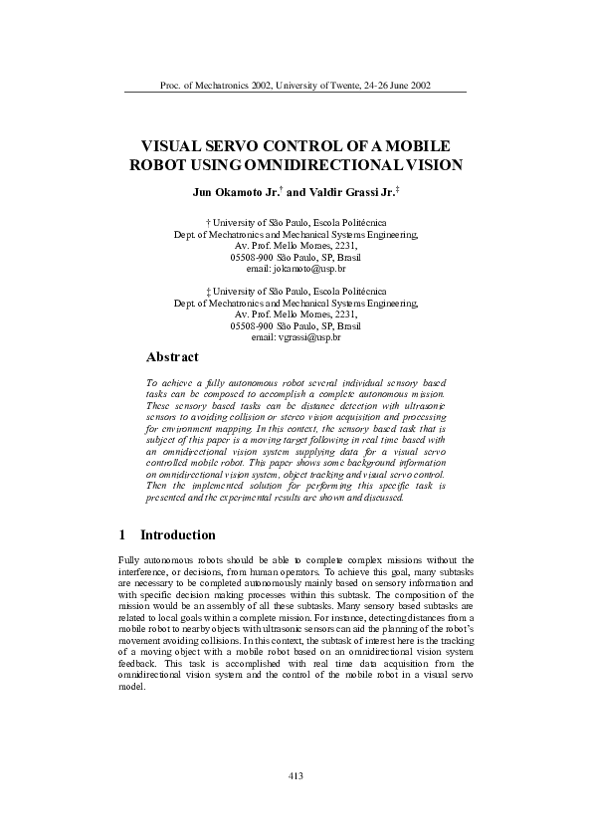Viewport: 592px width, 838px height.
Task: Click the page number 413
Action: pos(295,775)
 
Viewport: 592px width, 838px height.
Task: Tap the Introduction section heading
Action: pos(177,535)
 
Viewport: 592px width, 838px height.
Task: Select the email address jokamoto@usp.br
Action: pos(296,269)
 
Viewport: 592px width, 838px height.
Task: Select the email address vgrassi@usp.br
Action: pos(296,338)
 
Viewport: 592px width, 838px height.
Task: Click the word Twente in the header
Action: pos(338,85)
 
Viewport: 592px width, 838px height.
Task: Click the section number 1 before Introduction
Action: pos(121,535)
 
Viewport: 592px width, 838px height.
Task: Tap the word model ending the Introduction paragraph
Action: pos(130,697)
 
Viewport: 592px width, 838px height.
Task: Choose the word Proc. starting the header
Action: pos(170,85)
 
